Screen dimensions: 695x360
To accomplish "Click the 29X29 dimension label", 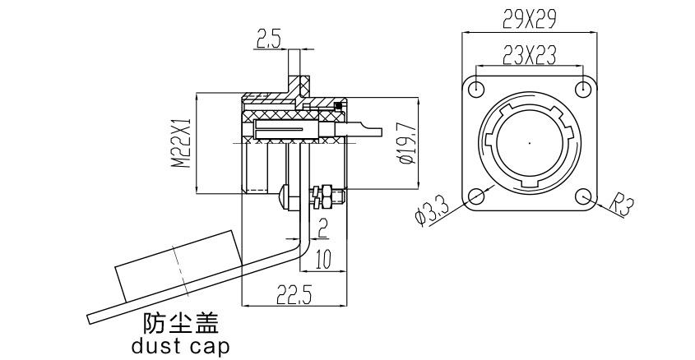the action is pos(529,19).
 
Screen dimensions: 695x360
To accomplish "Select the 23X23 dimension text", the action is pos(529,55).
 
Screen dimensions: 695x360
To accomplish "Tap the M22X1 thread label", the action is pos(182,143).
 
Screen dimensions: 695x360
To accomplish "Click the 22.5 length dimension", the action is pos(294,294).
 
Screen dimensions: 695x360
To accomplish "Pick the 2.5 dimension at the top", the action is pos(268,39).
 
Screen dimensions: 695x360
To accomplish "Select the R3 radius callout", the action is pos(621,205).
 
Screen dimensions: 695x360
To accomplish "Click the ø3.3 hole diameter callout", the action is pos(433,213).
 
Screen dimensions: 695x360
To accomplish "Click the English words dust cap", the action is pos(181,346).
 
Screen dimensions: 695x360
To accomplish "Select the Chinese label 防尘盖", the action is pos(181,323).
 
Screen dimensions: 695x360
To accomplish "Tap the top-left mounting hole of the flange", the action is pos(476,89).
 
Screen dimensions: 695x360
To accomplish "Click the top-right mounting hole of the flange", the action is pos(583,89).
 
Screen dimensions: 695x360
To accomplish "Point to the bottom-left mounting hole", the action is pos(476,196).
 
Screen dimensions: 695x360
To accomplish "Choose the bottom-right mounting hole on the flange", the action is pos(583,196).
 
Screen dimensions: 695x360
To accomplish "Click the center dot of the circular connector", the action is pos(530,142).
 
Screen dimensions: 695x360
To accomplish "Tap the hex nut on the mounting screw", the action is pos(327,197).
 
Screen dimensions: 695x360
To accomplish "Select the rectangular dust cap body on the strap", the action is pos(178,265).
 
